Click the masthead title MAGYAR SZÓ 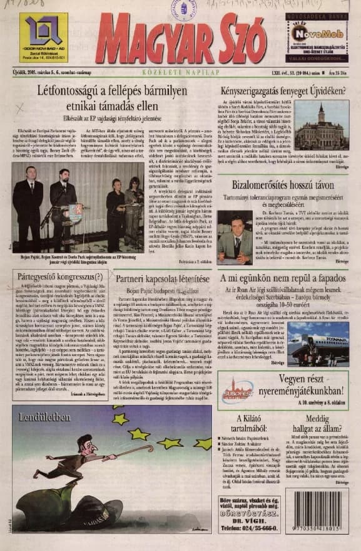tap(181, 40)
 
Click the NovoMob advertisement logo tap(317, 34)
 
